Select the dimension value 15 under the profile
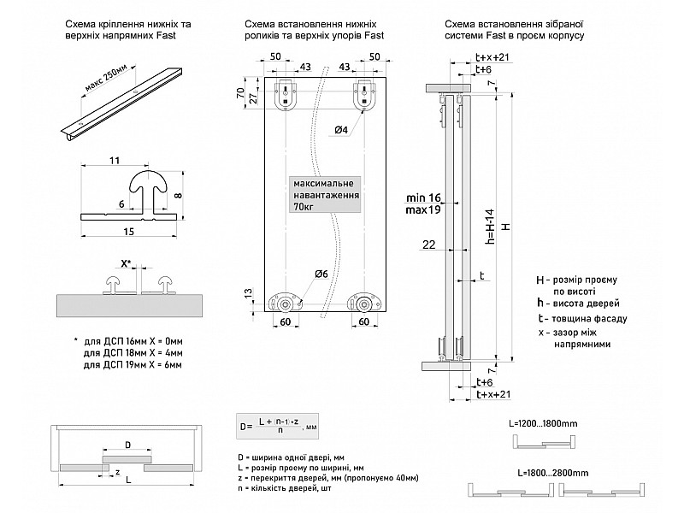[x=128, y=232]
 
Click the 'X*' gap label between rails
[x=127, y=264]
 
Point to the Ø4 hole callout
[x=340, y=130]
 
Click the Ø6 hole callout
[x=321, y=274]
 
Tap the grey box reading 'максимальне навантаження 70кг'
[x=325, y=195]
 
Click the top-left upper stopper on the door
[x=284, y=96]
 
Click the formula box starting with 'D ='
[x=280, y=424]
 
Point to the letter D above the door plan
[x=128, y=445]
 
